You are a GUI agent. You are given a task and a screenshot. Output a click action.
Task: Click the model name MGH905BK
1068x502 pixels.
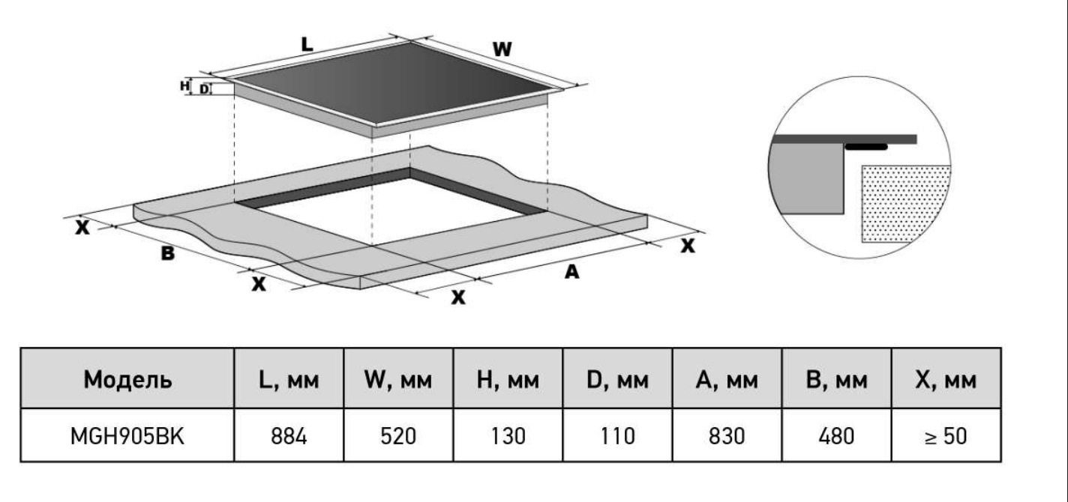(x=127, y=436)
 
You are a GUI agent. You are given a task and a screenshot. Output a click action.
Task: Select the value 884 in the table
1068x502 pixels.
(x=289, y=436)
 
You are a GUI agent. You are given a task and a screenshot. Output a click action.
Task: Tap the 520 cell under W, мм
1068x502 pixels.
(x=398, y=436)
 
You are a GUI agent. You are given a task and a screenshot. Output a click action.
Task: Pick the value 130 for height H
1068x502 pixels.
(x=508, y=436)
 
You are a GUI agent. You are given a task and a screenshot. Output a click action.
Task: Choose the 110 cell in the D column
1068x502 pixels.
(x=617, y=436)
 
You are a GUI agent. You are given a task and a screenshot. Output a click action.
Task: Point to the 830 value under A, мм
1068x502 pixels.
(x=727, y=436)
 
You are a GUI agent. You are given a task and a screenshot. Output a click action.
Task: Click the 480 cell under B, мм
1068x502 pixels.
(x=836, y=436)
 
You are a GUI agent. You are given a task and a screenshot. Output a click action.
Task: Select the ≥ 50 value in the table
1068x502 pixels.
(x=946, y=436)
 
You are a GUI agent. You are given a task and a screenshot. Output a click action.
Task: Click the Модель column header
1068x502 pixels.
(x=127, y=380)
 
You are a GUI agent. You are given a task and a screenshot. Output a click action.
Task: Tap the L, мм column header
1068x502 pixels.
(x=289, y=381)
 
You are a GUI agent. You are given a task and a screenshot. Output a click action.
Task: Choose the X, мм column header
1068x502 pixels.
(x=946, y=381)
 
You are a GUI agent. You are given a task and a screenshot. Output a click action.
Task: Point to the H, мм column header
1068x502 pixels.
(x=508, y=381)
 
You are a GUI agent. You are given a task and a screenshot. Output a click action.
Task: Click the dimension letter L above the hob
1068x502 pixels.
(x=307, y=44)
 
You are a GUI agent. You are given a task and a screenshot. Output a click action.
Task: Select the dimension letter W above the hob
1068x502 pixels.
(x=502, y=49)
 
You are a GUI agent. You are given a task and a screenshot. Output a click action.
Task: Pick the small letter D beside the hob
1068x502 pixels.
(x=204, y=88)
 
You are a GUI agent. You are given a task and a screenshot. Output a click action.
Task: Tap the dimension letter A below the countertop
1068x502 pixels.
(x=571, y=272)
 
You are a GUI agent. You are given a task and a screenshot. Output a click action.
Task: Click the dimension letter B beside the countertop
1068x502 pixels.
(x=168, y=253)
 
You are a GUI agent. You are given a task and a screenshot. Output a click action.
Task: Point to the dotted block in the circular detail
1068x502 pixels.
(x=905, y=204)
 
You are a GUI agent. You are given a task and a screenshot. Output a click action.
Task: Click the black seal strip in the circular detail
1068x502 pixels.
(x=866, y=147)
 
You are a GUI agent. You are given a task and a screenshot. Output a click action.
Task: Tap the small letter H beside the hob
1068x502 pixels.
(x=184, y=85)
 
